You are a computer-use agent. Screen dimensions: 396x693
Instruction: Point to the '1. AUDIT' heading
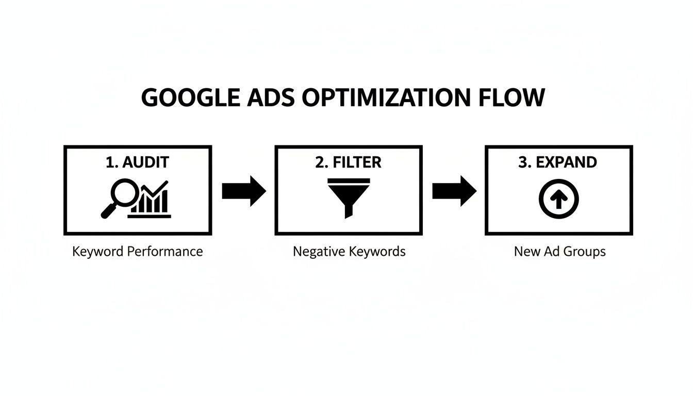click(x=137, y=162)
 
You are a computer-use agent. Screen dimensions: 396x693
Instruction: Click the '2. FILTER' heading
click(x=348, y=162)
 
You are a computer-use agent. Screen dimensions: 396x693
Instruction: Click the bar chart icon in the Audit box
click(x=151, y=201)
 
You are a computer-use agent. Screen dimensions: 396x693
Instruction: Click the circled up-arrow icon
click(x=559, y=199)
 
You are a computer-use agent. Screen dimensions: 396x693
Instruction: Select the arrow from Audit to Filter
click(x=243, y=191)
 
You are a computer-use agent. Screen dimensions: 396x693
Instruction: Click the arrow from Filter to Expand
click(x=454, y=191)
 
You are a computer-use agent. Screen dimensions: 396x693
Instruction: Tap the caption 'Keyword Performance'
click(x=138, y=252)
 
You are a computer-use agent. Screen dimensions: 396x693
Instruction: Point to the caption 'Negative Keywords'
click(x=349, y=252)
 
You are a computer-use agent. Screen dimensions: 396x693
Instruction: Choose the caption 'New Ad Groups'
click(x=559, y=252)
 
